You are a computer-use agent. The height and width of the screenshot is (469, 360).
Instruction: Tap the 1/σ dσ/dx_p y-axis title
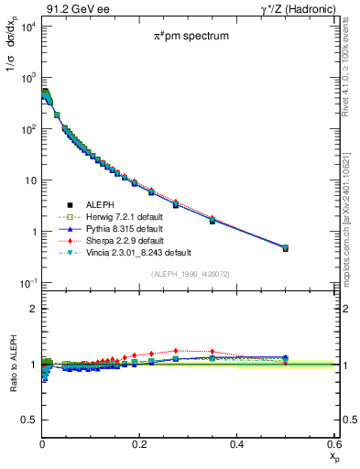pyautogui.click(x=12, y=64)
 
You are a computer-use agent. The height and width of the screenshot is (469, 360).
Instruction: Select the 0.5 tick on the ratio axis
pyautogui.click(x=28, y=420)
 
